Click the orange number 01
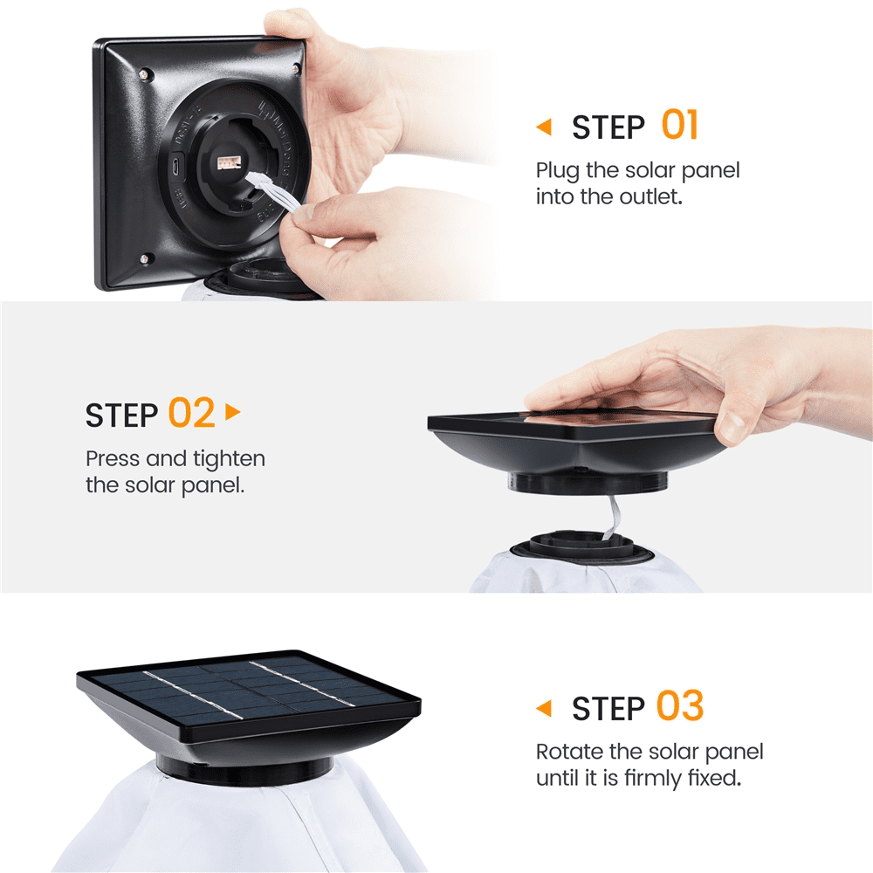(x=679, y=125)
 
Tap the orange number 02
(x=191, y=413)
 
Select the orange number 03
(x=680, y=706)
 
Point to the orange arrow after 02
(x=233, y=412)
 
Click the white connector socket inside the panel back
(x=228, y=163)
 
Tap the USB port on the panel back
(x=175, y=166)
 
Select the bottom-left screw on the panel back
(x=145, y=258)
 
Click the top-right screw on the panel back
(x=296, y=69)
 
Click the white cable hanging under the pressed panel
(x=611, y=516)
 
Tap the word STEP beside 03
(x=608, y=709)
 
